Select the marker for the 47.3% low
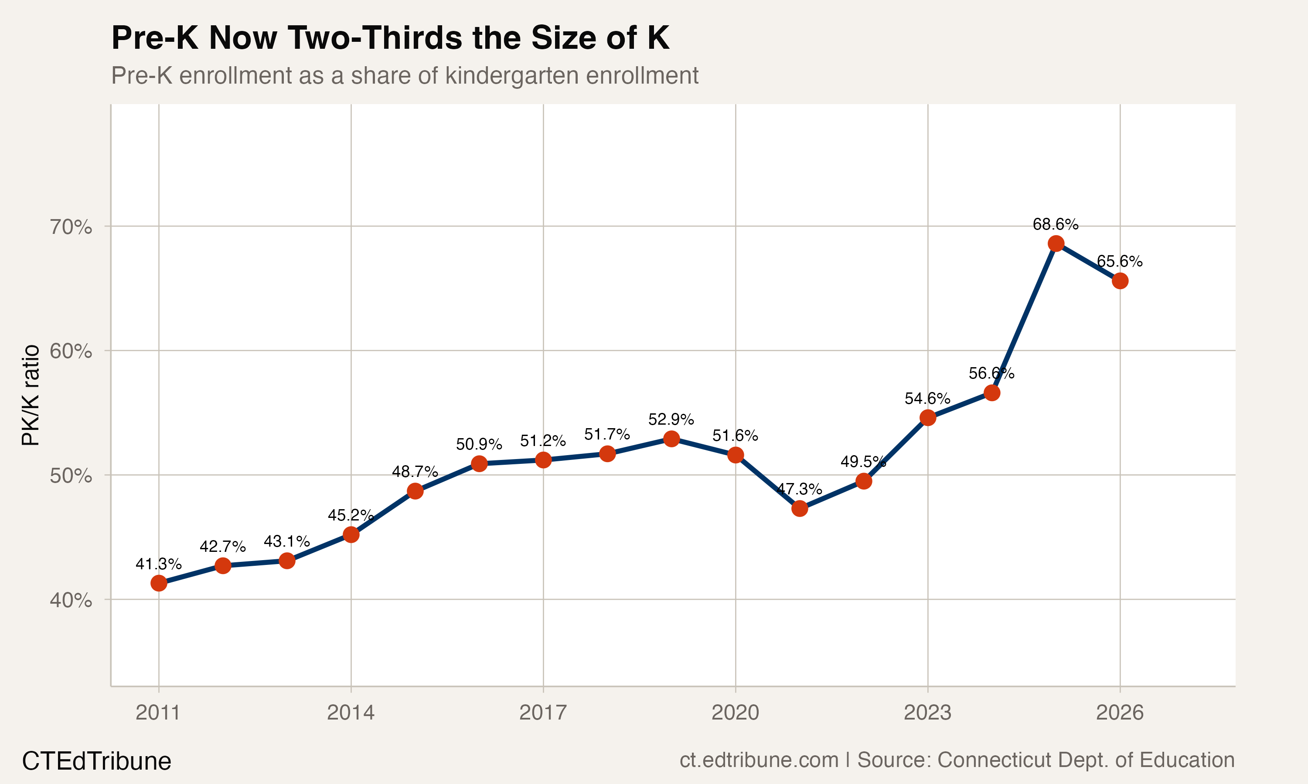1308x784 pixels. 799,509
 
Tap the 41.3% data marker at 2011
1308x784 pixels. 159,583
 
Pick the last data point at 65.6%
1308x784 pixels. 1120,281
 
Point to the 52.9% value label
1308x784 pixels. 671,419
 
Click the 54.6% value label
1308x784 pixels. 927,399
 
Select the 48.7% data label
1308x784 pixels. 415,471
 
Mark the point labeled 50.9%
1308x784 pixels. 479,464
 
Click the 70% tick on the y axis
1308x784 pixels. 71,227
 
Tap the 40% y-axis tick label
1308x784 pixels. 71,600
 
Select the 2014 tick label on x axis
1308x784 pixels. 351,713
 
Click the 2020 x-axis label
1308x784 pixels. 735,713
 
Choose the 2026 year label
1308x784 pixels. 1119,713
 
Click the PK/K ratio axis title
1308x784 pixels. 31,395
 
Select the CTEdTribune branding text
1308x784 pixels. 96,761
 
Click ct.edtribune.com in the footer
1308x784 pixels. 759,760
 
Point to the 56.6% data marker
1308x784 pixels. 992,392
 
